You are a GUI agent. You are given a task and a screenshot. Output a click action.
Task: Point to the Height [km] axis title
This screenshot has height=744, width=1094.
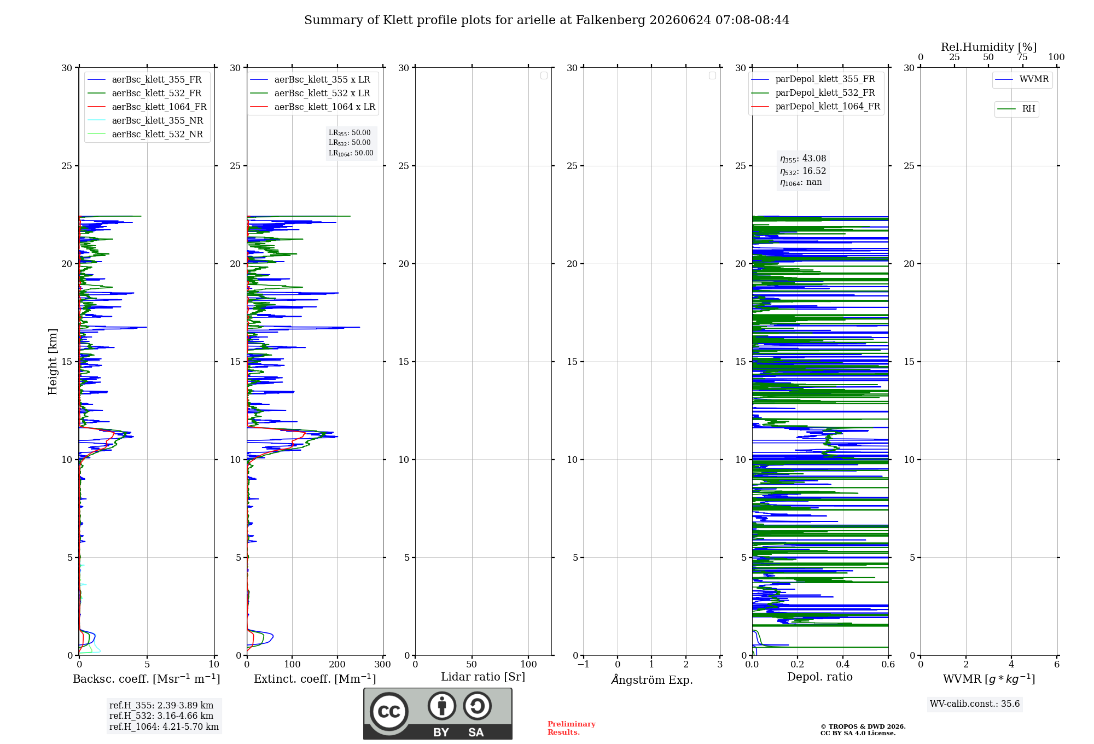(53, 362)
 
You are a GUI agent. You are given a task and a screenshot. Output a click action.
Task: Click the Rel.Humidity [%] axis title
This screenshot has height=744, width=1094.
(988, 47)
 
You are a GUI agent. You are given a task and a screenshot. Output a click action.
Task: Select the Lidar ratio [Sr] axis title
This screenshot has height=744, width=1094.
(483, 677)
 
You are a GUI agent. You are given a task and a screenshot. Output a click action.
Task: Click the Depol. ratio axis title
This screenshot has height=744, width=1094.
(820, 677)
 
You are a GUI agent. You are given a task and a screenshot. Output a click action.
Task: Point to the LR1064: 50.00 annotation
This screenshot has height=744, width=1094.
(351, 153)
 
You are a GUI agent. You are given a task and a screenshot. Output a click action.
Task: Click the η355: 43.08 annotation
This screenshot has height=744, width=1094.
(803, 159)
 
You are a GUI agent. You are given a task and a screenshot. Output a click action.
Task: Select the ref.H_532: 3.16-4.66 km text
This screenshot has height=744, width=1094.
(161, 716)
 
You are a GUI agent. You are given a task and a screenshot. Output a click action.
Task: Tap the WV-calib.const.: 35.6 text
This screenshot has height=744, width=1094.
(975, 704)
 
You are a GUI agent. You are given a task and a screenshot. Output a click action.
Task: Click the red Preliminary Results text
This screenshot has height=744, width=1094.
(571, 728)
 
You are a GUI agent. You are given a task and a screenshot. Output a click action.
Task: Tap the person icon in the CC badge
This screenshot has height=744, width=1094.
(442, 706)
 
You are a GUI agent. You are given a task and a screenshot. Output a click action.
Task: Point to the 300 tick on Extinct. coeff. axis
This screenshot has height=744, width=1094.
(383, 664)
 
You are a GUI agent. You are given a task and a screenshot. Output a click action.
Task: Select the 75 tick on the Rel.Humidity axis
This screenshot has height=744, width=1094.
(1022, 57)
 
